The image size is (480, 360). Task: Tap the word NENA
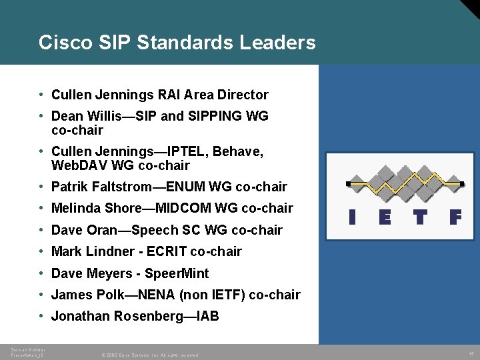click(165, 295)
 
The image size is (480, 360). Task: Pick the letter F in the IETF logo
click(455, 218)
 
